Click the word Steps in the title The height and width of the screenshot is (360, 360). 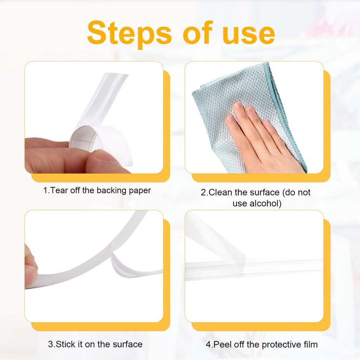pos(129,34)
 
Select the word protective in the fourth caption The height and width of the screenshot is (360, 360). pos(281,345)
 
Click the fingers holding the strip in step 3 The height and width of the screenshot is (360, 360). pos(30,268)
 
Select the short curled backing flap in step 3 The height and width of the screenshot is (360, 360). pos(133,266)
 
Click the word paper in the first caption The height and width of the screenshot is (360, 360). pos(140,191)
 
